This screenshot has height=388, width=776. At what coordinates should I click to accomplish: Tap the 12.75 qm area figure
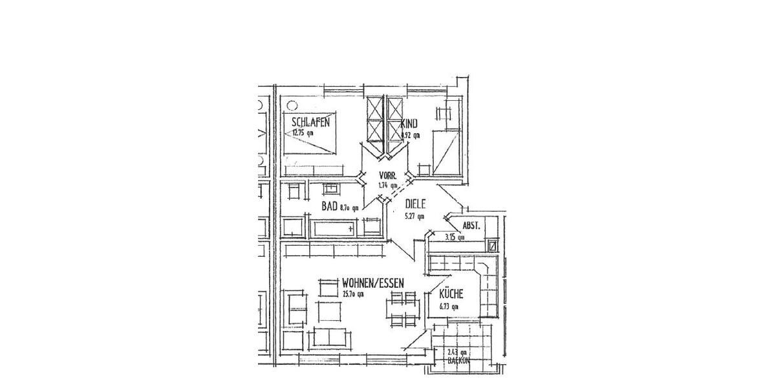[x=303, y=133]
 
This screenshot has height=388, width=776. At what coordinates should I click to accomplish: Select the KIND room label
[x=409, y=124]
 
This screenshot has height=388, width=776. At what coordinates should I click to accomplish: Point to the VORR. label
[x=388, y=175]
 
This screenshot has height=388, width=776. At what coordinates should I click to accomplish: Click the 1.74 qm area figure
[x=388, y=186]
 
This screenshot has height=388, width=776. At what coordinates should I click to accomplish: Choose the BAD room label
[x=330, y=206]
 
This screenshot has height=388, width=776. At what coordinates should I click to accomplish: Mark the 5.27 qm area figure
[x=415, y=216]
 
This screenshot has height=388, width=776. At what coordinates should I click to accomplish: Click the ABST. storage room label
[x=471, y=226]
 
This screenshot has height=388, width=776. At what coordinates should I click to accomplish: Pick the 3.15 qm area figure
[x=455, y=237]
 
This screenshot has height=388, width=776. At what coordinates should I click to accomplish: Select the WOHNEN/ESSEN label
[x=373, y=283]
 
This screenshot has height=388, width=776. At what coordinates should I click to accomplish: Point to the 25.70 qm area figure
[x=353, y=294]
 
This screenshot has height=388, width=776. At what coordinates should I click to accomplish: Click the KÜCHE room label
[x=450, y=294]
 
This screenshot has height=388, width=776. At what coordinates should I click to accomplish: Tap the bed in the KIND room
[x=446, y=151]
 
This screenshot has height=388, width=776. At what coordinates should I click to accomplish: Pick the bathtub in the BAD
[x=334, y=228]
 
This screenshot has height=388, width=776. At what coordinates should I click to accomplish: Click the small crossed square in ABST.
[x=493, y=245]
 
